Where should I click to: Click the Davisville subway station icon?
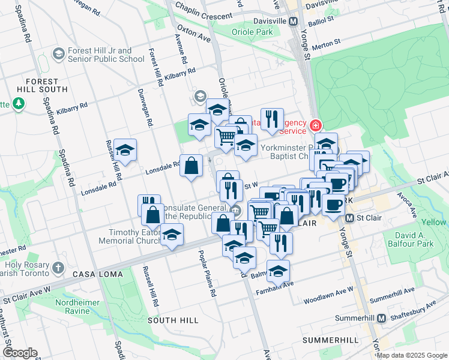(x=294, y=21)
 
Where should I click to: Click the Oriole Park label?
(x=252, y=31)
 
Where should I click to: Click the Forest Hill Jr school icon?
(x=58, y=55)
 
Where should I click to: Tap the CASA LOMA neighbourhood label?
(x=98, y=274)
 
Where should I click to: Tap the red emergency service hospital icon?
(x=316, y=125)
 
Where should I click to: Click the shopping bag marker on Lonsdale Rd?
(x=191, y=165)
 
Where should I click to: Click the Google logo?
(x=20, y=353)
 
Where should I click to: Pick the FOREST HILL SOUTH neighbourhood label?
(x=42, y=86)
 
